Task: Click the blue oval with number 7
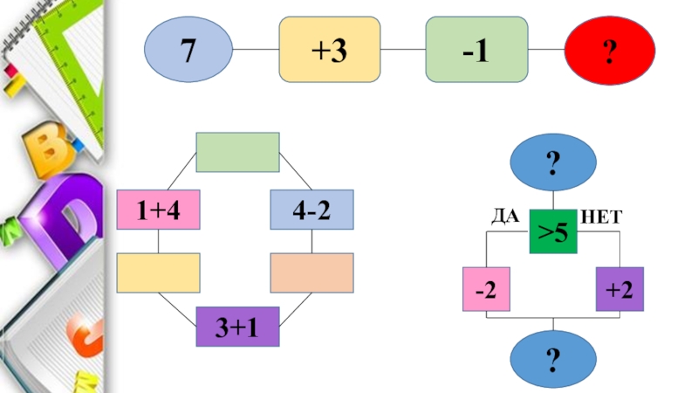click(x=188, y=50)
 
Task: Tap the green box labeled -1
click(x=476, y=50)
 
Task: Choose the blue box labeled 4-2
click(x=311, y=208)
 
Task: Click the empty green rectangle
click(x=237, y=152)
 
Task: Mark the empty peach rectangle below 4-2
click(x=311, y=272)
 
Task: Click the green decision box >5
click(x=553, y=233)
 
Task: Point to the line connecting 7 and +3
click(x=256, y=50)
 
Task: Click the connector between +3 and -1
click(x=402, y=50)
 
